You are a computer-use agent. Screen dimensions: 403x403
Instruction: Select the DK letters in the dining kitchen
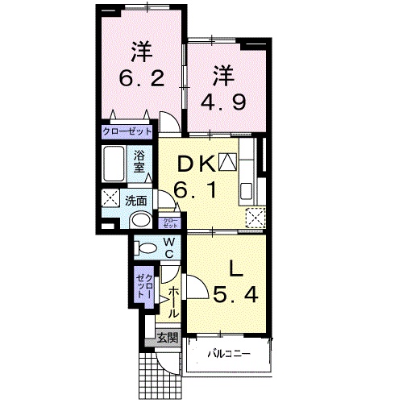point(196,164)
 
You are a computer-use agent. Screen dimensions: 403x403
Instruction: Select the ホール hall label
point(173,302)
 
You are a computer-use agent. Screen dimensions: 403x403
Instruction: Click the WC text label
point(170,247)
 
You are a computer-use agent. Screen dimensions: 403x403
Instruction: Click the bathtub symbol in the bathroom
point(114,165)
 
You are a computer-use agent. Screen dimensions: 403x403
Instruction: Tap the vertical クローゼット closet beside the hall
point(143,284)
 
